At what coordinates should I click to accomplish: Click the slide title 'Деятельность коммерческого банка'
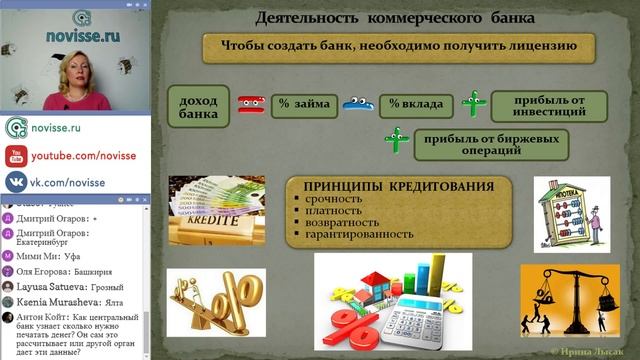coord(395,18)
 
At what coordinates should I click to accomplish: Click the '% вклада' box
coord(411,103)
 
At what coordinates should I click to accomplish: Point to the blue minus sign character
coord(357,103)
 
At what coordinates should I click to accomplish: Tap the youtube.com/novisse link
coord(70,155)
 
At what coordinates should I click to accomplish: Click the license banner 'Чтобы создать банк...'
coord(397,48)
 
